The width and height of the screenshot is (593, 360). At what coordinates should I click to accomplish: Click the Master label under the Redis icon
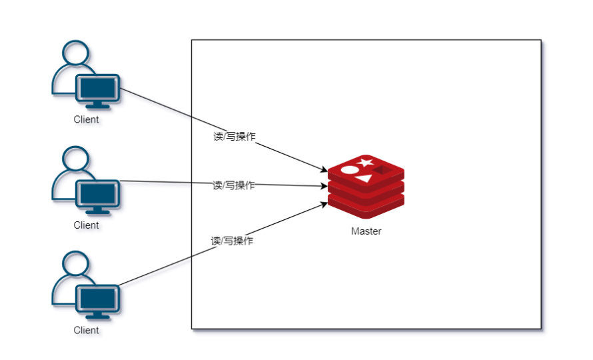[x=366, y=231]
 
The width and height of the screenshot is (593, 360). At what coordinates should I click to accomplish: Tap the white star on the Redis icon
[x=364, y=162]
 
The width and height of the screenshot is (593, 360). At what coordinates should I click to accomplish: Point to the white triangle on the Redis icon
[x=363, y=179]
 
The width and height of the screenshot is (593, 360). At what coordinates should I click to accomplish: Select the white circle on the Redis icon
[x=349, y=170]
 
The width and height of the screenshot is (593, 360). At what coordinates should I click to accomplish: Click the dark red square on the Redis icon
[x=381, y=171]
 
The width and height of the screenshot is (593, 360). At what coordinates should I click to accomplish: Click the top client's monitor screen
[x=97, y=87]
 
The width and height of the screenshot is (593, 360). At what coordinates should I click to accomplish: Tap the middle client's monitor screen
[x=97, y=193]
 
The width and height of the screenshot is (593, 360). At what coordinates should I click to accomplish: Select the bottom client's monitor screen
[x=97, y=298]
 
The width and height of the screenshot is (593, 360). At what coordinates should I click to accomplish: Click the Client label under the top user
[x=86, y=120]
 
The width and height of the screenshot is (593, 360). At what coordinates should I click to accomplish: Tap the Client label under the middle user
[x=86, y=225]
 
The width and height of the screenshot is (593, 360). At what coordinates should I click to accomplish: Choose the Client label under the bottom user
[x=86, y=330]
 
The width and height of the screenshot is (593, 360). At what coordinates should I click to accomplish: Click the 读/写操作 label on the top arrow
[x=234, y=136]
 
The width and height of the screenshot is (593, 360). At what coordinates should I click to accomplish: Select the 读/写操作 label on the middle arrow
[x=234, y=185]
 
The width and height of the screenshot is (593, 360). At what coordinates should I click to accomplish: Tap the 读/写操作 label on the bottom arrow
[x=233, y=241]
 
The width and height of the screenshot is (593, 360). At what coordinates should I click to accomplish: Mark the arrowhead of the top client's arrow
[x=324, y=171]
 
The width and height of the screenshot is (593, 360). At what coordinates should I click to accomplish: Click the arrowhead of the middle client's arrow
[x=324, y=187]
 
